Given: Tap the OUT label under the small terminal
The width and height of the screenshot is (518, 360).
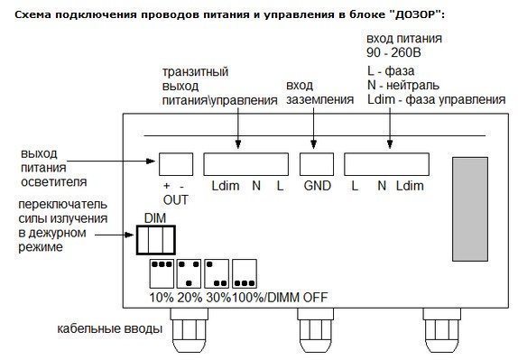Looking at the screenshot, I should click(176, 199).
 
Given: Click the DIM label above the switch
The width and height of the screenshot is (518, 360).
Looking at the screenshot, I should click(154, 217).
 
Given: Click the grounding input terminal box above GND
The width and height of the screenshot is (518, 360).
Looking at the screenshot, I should click(314, 162).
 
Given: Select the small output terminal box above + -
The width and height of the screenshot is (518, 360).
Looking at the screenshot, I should click(176, 163).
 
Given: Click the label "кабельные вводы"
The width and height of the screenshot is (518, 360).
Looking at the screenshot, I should click(109, 329).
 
